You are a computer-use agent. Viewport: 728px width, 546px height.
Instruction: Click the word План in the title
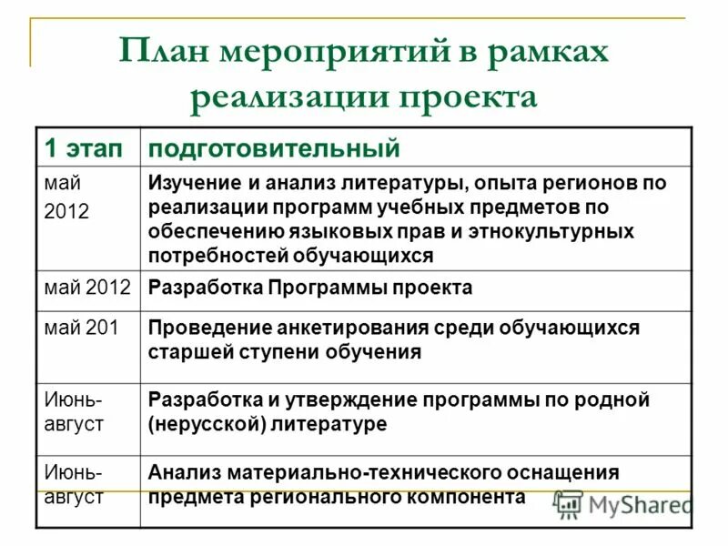(x=167, y=52)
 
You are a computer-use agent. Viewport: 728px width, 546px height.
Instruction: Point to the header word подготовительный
(x=274, y=148)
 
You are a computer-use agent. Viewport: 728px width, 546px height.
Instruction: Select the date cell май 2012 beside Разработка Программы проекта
(x=88, y=288)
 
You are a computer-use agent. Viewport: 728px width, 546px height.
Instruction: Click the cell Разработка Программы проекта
(x=310, y=288)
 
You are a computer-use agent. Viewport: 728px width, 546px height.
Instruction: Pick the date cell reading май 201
(x=82, y=328)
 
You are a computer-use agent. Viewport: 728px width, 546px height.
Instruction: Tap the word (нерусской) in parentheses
(x=206, y=423)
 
